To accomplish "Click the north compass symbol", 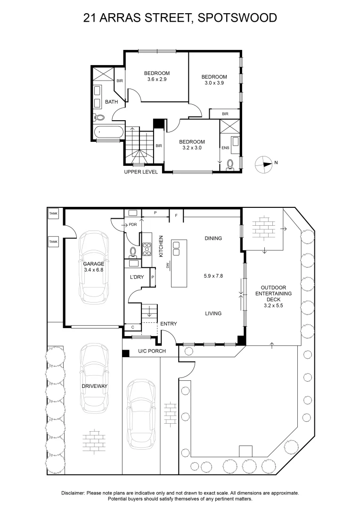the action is point(263,164).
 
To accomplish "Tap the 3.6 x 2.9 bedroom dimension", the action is point(157,79).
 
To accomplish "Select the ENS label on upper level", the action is point(225,148).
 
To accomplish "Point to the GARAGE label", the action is point(93,264).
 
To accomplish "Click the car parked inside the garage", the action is point(93,268).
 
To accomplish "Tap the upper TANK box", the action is point(53,213).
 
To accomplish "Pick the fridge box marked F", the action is point(176,215).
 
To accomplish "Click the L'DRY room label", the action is point(137,277).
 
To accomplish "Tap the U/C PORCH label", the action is point(152,351).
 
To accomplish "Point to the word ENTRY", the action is point(169,324).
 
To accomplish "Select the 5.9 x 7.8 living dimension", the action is point(213,276).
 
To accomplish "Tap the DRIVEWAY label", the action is point(94,386).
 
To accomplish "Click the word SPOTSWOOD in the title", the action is point(237,17).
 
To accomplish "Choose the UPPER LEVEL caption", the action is point(141,172).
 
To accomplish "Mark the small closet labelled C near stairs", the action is point(133,327).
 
